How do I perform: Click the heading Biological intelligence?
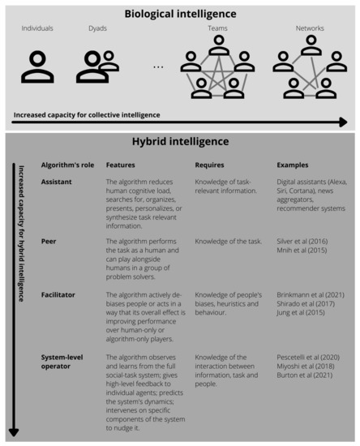point(180,13)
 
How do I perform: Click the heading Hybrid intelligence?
point(180,142)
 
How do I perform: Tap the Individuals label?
point(37,28)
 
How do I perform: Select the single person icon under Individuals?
point(37,66)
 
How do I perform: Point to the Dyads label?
point(97,28)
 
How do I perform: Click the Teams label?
point(217,28)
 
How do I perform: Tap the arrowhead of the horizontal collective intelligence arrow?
point(344,122)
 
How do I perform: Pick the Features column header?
point(121,165)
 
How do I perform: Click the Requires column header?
point(210,165)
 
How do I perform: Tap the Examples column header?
point(293,165)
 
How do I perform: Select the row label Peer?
point(49,241)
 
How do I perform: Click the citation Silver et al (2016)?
point(305,241)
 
